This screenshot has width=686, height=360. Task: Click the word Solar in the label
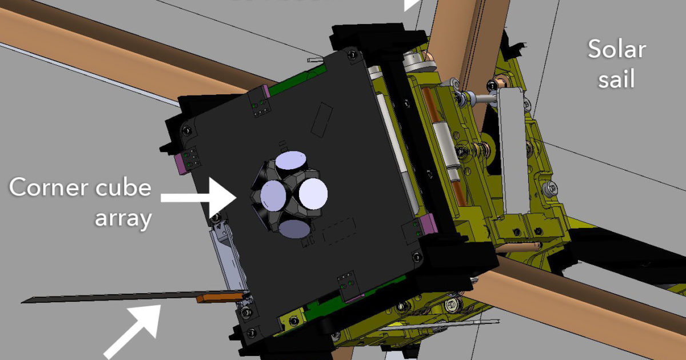coord(617,50)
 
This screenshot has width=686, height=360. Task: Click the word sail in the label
coord(617,79)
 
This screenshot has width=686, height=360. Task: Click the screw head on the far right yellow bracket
coord(551,186)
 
